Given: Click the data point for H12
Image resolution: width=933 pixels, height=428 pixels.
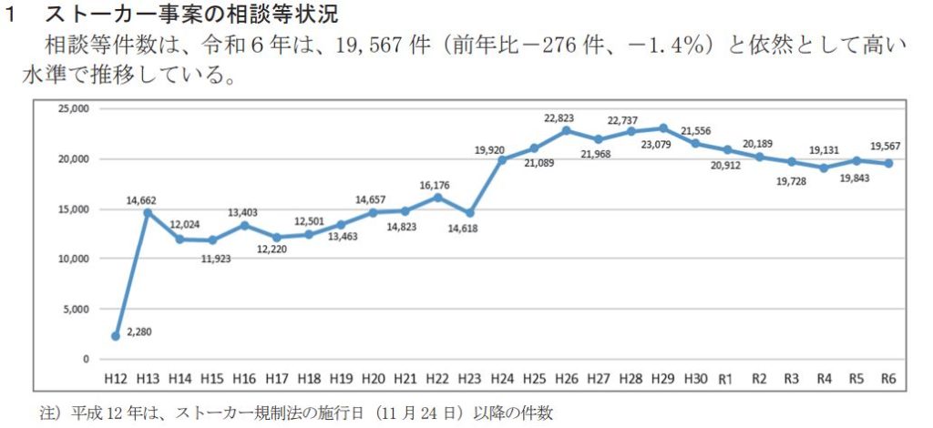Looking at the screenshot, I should tap(116, 336).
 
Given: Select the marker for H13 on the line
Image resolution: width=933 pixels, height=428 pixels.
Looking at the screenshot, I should tap(148, 213).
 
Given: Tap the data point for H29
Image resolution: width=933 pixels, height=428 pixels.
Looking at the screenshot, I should tap(663, 128).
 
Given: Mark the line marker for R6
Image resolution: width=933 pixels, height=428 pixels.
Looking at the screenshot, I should tap(888, 163).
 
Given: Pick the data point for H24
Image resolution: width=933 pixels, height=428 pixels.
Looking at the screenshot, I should tap(502, 160).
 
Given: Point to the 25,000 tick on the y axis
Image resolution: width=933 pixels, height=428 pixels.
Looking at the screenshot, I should tap(71, 109).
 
